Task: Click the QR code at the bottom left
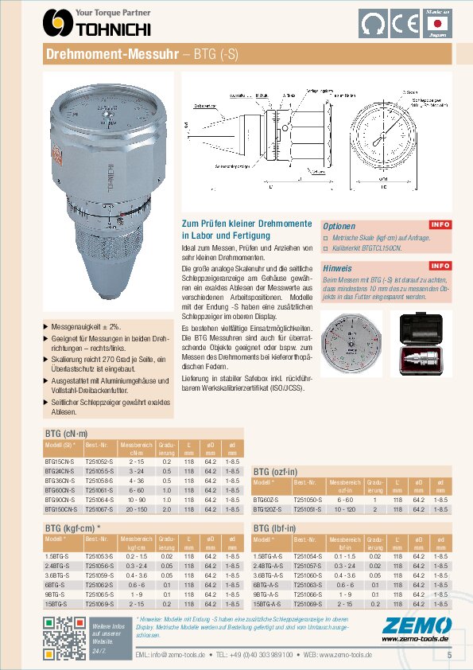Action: click(x=64, y=638)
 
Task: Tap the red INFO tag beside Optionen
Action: click(x=440, y=224)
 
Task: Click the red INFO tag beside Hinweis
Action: click(x=440, y=266)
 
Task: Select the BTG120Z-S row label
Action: click(x=268, y=508)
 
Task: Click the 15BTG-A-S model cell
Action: click(x=269, y=604)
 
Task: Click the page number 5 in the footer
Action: click(x=449, y=656)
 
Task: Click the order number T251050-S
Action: click(x=308, y=499)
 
